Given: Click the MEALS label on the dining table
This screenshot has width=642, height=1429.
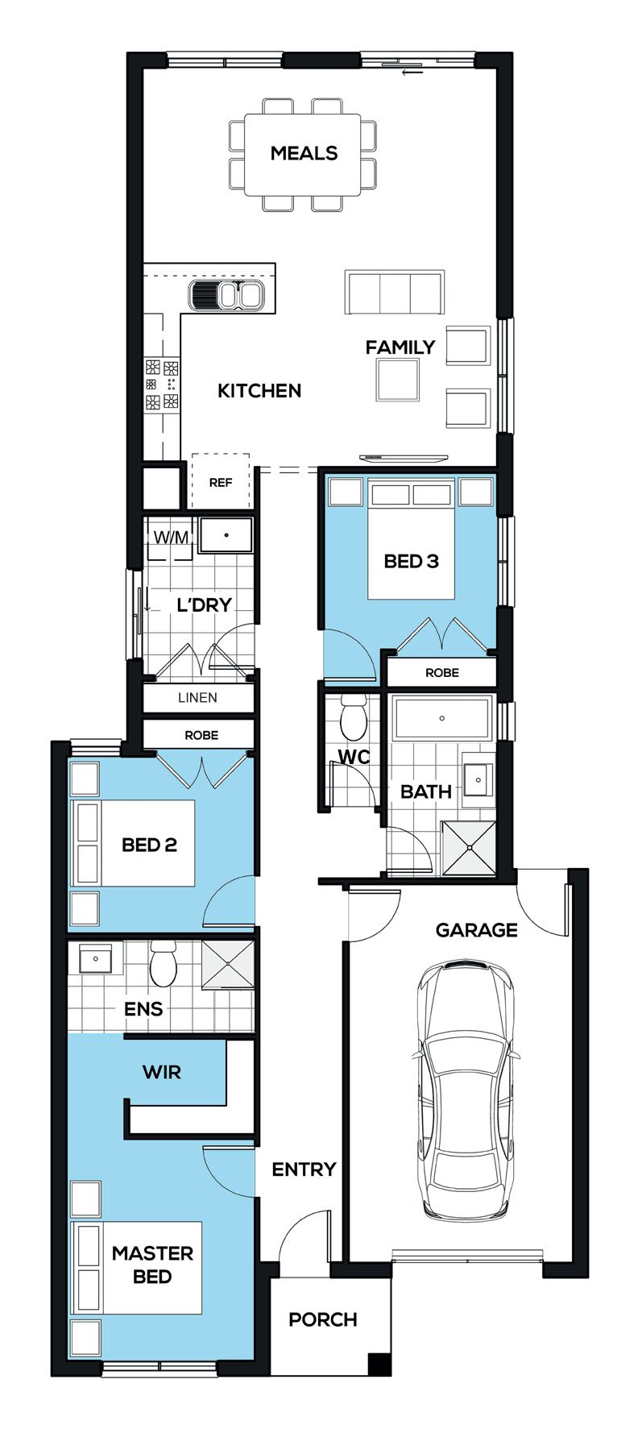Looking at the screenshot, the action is click(x=304, y=153).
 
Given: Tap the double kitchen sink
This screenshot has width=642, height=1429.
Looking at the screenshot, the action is click(x=226, y=294).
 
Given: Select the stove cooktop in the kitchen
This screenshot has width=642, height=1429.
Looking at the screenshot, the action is click(x=162, y=384).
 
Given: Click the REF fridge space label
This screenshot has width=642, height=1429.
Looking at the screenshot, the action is click(x=220, y=483).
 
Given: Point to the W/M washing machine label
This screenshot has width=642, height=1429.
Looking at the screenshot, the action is click(x=171, y=537).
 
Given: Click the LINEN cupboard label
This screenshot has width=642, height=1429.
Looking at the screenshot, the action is click(x=197, y=698).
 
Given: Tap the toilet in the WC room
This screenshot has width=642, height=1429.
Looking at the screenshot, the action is click(x=353, y=718).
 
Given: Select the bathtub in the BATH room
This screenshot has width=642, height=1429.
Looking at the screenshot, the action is click(x=441, y=718).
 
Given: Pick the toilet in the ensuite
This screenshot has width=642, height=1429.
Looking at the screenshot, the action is click(x=163, y=963).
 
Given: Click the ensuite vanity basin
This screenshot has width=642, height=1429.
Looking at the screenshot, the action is click(x=96, y=959).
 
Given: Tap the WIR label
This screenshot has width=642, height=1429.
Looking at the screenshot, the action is click(x=162, y=1073).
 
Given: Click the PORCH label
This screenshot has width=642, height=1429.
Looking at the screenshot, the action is click(x=322, y=1319).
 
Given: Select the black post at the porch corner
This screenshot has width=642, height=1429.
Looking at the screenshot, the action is click(x=379, y=1364).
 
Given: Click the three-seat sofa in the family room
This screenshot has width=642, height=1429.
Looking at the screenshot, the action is click(x=395, y=292).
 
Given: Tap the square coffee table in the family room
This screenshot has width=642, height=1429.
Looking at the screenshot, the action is click(x=397, y=380).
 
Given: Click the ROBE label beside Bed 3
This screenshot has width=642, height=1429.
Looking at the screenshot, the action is click(x=442, y=672).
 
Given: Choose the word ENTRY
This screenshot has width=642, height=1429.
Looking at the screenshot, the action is click(x=304, y=1169).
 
